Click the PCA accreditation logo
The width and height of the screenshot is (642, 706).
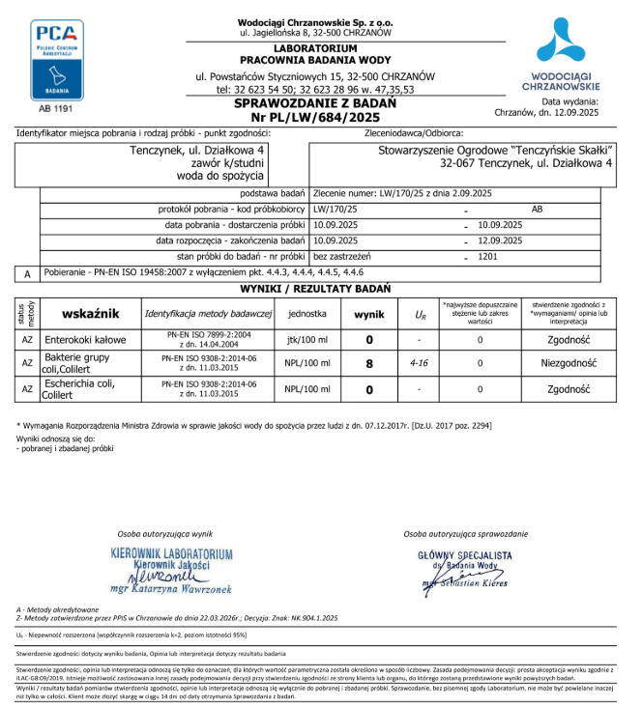coord(57,58)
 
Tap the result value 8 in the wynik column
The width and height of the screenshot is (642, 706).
coord(368,364)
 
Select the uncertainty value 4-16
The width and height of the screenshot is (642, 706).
coord(420,364)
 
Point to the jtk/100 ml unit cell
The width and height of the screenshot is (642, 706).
coord(307,340)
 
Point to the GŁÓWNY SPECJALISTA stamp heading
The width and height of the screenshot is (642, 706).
coord(465,555)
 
